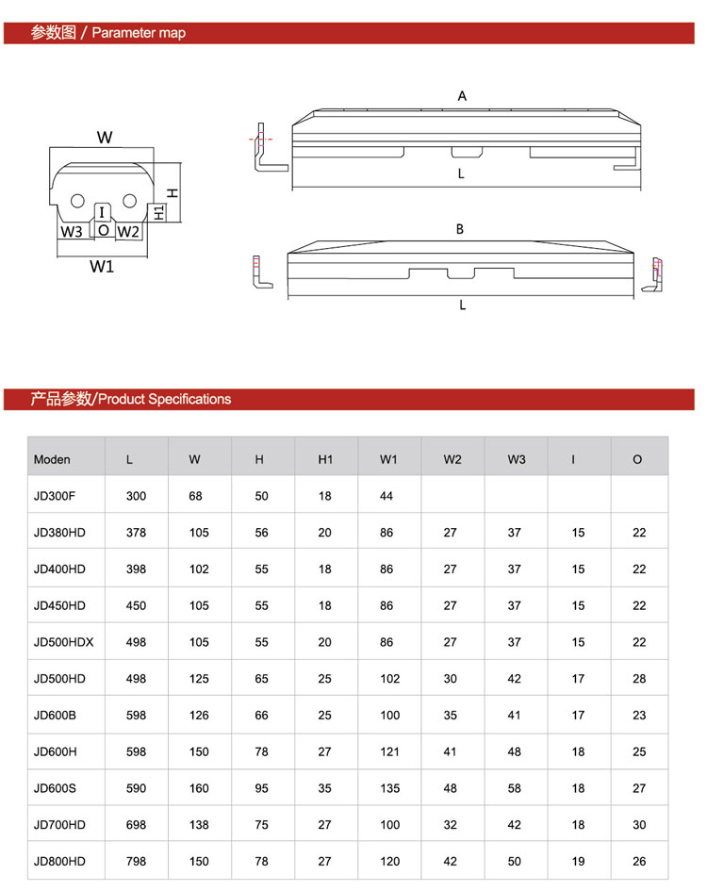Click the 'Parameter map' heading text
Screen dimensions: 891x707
click(139, 33)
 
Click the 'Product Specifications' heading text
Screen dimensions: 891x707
click(164, 399)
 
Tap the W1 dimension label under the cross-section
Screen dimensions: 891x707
click(102, 266)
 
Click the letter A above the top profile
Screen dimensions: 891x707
click(462, 96)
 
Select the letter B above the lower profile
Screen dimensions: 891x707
click(460, 229)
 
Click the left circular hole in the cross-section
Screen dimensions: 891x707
click(77, 201)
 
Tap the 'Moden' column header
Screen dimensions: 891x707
click(52, 460)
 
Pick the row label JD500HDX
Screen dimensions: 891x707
click(63, 642)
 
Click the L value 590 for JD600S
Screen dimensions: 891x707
click(136, 788)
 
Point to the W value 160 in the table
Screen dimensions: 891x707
click(199, 788)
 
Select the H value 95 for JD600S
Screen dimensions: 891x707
click(262, 788)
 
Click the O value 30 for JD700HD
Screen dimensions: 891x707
click(640, 825)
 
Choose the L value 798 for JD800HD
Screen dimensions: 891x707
click(136, 862)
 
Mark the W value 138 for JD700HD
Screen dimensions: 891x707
click(199, 825)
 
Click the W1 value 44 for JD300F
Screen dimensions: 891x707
click(386, 496)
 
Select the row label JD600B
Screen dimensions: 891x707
click(55, 716)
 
